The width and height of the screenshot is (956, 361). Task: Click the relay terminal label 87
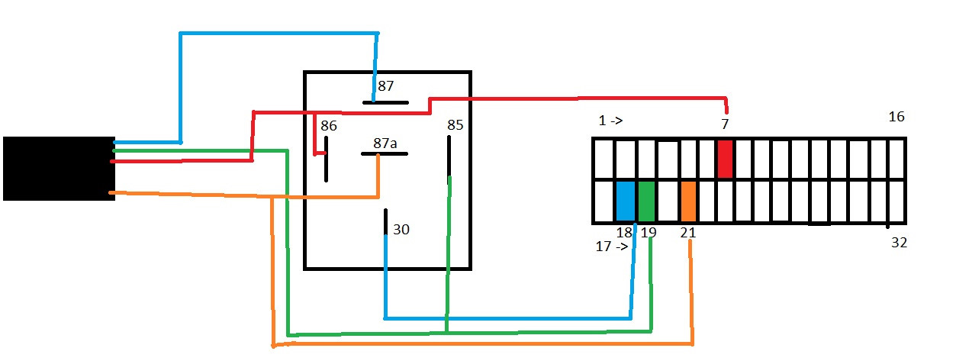[386, 85]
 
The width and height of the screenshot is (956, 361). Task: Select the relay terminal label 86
[329, 125]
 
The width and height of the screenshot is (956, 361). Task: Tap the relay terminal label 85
[455, 124]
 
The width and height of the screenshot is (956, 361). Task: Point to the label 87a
[385, 143]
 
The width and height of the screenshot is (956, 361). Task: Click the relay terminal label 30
[401, 229]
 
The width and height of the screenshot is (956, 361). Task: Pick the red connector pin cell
[725, 159]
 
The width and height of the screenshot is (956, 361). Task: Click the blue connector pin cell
[626, 201]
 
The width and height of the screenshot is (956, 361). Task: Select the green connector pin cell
[646, 201]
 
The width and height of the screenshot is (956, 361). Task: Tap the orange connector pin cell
[688, 201]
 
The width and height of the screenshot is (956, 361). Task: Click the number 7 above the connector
[725, 124]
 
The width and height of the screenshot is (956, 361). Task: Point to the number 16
[896, 117]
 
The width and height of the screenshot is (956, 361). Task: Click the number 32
[899, 243]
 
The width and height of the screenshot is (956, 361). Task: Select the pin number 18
[624, 233]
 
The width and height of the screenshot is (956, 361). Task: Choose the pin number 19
[649, 233]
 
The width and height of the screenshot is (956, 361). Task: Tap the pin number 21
[687, 233]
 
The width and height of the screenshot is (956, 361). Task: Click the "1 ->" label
[610, 121]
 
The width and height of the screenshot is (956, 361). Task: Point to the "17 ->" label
[612, 247]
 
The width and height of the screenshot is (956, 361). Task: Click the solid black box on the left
[59, 169]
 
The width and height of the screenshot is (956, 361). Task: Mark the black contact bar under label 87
[385, 102]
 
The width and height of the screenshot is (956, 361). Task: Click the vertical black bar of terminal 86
[326, 160]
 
